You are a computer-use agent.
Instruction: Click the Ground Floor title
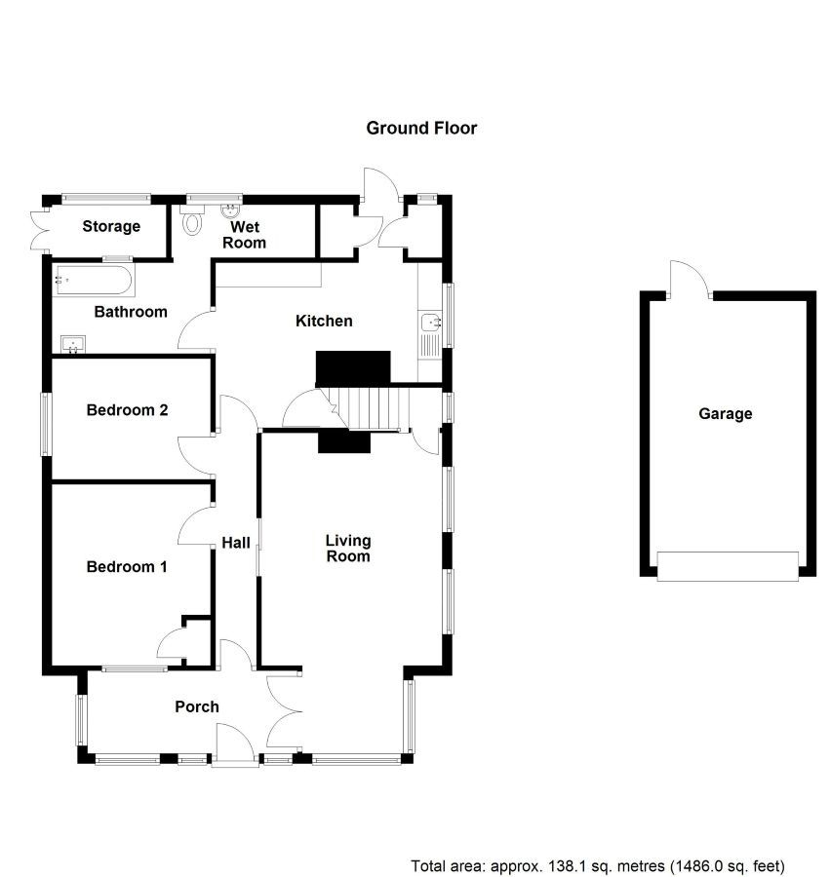421,128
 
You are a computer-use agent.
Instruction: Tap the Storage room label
111,226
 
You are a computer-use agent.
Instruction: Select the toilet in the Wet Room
192,220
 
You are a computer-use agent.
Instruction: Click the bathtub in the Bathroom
94,281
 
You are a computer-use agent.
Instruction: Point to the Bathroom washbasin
73,344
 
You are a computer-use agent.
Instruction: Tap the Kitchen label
324,321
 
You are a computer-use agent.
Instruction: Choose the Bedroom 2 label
127,410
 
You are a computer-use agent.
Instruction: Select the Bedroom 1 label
127,566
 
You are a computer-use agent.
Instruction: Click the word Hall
236,543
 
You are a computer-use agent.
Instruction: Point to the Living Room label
348,548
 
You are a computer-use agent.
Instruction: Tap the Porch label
197,707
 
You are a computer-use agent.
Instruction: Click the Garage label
726,414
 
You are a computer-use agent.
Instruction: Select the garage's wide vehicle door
728,566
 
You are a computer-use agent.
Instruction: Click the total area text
598,866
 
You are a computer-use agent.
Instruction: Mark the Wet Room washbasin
230,211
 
